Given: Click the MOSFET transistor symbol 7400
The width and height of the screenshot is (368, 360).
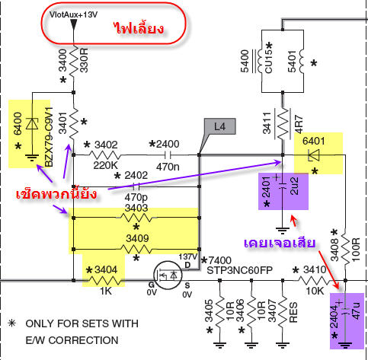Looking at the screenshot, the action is pos(168,275).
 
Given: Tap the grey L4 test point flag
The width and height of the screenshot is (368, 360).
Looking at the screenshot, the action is pos(219,126).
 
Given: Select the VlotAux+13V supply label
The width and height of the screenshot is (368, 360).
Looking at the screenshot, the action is pos(73,14).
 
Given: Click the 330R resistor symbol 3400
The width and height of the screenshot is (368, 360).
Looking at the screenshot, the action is pos(74,61).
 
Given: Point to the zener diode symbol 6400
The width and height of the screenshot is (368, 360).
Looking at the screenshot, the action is pos(32,124).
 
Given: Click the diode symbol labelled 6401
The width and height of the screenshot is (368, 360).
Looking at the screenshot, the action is pos(314,155).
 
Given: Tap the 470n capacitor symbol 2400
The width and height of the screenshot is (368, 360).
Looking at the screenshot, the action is pos(167,155).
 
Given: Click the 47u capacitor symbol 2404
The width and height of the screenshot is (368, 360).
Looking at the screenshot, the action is pos(345,311).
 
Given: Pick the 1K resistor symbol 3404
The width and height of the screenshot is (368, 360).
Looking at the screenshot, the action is pos(106,281).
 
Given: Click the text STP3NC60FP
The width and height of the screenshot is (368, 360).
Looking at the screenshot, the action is pos(239,270).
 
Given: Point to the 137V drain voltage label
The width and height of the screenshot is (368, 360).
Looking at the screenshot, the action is pos(187,256).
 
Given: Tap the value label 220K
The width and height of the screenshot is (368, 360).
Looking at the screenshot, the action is pos(105,165).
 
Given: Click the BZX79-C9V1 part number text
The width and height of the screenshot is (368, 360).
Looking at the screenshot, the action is pos(50,137).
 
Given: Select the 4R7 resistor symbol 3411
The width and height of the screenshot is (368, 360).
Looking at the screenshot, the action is pos(283,124).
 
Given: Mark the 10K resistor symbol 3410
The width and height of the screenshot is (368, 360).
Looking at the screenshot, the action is pos(315,280).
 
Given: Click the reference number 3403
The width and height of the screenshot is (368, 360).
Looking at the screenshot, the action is pos(136,208).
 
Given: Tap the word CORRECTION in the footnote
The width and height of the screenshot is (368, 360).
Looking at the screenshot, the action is pos(83,340).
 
